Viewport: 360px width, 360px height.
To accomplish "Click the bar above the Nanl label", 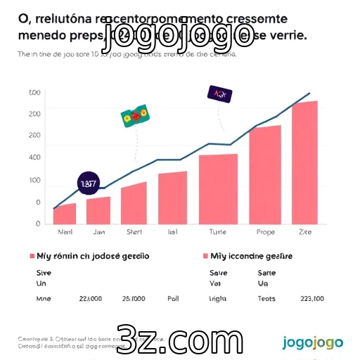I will (65, 214).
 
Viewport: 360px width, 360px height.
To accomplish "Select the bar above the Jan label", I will (98, 210).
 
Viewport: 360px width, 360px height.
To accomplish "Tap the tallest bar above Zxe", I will (305, 162).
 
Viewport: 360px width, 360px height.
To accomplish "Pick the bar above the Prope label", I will (265, 175).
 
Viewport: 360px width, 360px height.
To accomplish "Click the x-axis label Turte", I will (218, 231).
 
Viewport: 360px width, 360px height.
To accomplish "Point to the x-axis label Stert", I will (134, 231).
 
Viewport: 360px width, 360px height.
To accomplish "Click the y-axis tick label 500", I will (34, 93).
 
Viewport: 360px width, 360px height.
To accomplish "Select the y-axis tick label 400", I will (34, 157).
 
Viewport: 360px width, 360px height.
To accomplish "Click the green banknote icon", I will (136, 115).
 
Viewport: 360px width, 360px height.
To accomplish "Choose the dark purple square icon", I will (218, 94).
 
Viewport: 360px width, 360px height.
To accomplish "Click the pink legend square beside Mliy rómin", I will (32, 257).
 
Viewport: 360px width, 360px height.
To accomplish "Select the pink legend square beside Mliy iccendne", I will (205, 257).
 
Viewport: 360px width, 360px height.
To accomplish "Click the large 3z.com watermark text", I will (181, 340).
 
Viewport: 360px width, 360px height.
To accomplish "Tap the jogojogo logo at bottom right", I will (312, 342).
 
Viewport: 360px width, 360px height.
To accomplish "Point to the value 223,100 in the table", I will (312, 298).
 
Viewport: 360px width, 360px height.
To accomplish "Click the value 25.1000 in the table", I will (134, 298).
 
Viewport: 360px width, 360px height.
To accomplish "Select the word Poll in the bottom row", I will (173, 298).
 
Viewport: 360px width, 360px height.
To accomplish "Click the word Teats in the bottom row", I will (266, 298).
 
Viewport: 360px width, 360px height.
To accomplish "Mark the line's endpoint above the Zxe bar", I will (309, 93).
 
